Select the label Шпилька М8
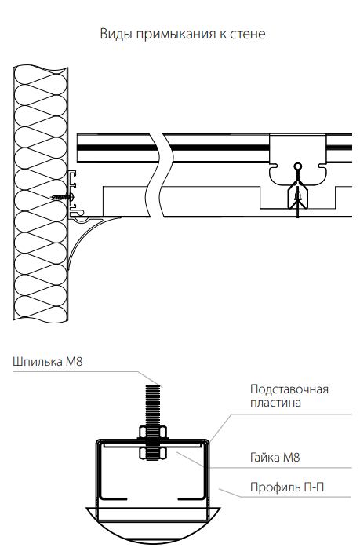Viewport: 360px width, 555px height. pyautogui.click(x=47, y=361)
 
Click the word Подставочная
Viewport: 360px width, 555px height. pyautogui.click(x=289, y=389)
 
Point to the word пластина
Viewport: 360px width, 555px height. pyautogui.click(x=275, y=403)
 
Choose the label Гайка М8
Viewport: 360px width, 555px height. pyautogui.click(x=275, y=457)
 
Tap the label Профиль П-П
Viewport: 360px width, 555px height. pyautogui.click(x=287, y=487)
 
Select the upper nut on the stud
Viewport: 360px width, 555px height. pyautogui.click(x=152, y=433)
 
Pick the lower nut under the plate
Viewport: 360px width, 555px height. pyautogui.click(x=152, y=454)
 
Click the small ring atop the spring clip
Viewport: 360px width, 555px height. pyautogui.click(x=298, y=166)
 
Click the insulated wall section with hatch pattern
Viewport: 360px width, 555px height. pyautogui.click(x=40, y=193)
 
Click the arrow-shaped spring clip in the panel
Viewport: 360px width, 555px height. pyautogui.click(x=298, y=196)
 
